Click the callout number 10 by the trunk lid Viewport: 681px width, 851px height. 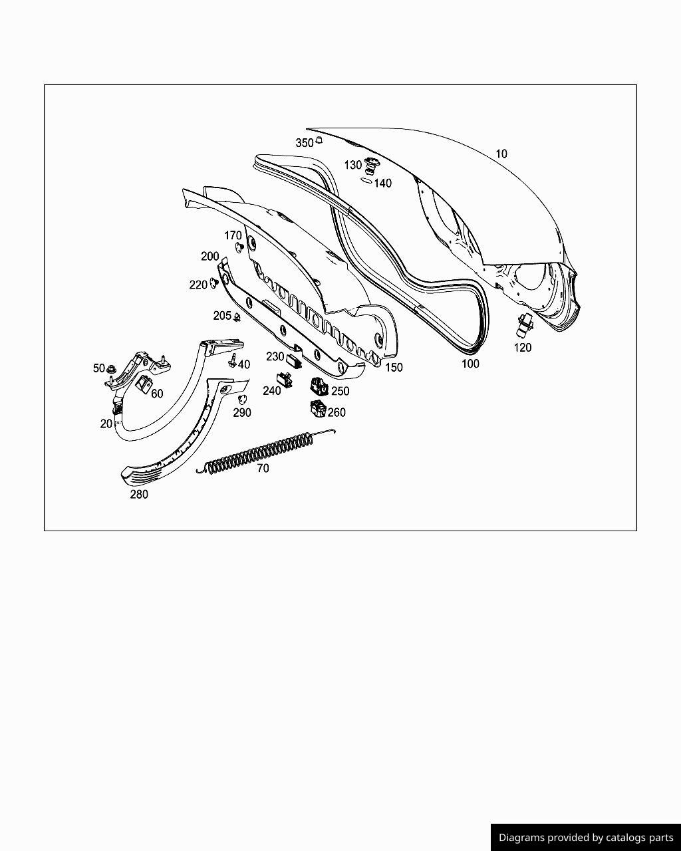(x=501, y=154)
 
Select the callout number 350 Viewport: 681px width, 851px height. (x=304, y=143)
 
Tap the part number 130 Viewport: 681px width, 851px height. (x=352, y=165)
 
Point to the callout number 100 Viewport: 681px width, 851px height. (x=470, y=364)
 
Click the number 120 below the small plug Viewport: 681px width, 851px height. (x=523, y=347)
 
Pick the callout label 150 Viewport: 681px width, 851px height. (x=394, y=367)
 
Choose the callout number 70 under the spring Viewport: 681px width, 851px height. (x=263, y=468)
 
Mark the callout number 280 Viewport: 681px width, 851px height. (x=139, y=494)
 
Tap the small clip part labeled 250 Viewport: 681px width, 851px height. (x=319, y=386)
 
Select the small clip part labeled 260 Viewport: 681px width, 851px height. (x=318, y=409)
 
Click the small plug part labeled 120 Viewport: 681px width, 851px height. (x=526, y=325)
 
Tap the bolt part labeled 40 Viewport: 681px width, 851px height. (x=232, y=361)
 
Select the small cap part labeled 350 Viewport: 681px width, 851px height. (x=319, y=140)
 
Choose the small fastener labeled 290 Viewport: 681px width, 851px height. (x=242, y=398)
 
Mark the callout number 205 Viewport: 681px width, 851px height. (x=222, y=316)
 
